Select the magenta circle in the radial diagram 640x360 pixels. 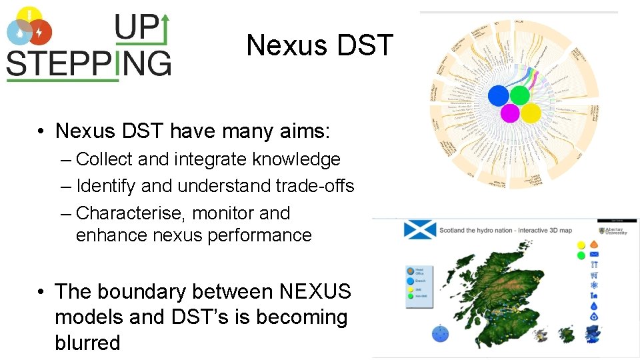pos(510,113)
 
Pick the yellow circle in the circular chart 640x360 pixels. pos(531,113)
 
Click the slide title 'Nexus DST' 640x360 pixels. pos(321,45)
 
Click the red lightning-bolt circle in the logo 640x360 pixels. pos(41,31)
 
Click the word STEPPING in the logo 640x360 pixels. pos(89,64)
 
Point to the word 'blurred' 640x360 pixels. pos(87,343)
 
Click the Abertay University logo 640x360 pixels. pos(611,231)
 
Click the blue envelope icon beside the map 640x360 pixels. pos(594,254)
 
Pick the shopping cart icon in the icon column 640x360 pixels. pos(594,275)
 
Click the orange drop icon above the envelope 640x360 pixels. pos(594,245)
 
